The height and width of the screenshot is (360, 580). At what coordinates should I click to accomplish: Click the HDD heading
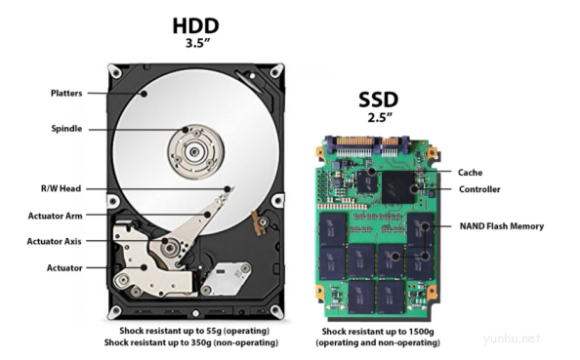click(x=195, y=26)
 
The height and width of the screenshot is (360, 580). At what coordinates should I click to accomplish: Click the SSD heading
click(x=379, y=100)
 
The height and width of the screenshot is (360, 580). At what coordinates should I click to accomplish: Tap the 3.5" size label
click(x=197, y=43)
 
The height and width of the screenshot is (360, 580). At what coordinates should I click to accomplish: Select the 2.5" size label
click(x=380, y=117)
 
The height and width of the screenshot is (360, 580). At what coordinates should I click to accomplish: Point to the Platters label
click(x=66, y=93)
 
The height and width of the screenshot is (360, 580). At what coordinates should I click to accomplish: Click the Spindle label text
click(x=66, y=129)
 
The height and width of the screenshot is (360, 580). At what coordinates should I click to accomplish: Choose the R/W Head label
click(x=61, y=188)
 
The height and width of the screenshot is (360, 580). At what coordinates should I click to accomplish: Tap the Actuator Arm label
click(x=55, y=216)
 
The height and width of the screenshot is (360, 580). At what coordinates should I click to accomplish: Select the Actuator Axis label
click(x=54, y=241)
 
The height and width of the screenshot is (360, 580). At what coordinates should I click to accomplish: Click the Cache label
click(x=470, y=173)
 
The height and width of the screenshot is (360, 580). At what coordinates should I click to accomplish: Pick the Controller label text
click(x=479, y=189)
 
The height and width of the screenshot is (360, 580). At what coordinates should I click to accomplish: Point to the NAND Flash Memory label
click(x=502, y=226)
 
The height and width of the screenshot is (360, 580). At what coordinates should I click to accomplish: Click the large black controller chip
click(x=398, y=187)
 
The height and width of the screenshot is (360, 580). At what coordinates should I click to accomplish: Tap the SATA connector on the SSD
click(x=368, y=145)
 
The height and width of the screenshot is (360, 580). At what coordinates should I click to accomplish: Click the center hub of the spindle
click(x=194, y=151)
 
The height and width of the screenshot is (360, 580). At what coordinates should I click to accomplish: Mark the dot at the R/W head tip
click(x=228, y=189)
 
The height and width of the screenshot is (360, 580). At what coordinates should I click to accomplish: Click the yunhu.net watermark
click(x=512, y=338)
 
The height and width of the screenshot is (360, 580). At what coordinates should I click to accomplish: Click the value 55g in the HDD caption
click(x=215, y=331)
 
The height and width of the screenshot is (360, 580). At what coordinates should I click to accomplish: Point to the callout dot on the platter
click(x=144, y=94)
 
